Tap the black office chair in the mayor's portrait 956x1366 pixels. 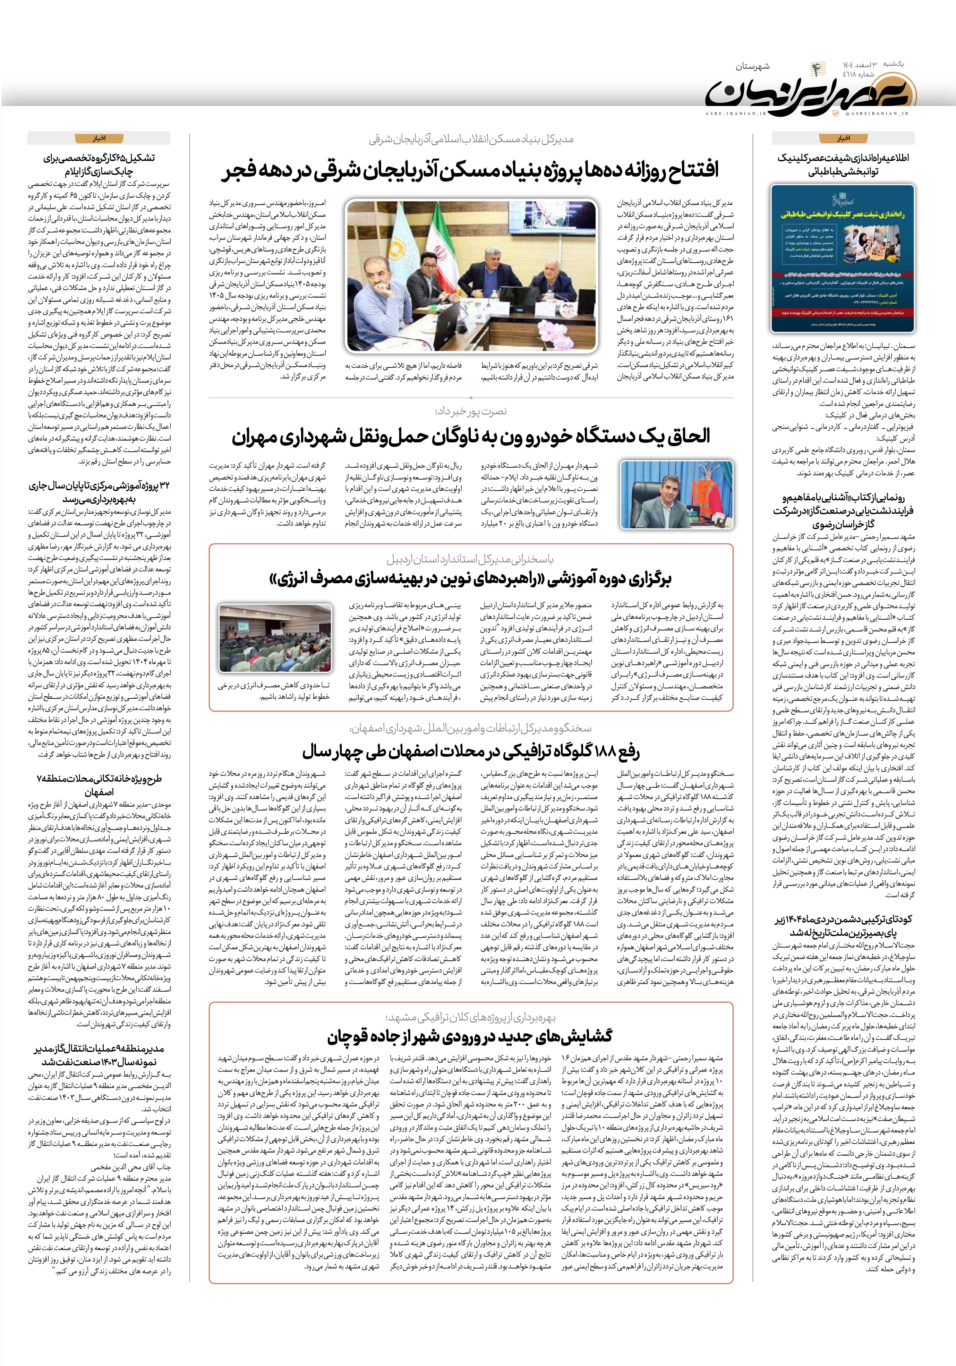point(659,506)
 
